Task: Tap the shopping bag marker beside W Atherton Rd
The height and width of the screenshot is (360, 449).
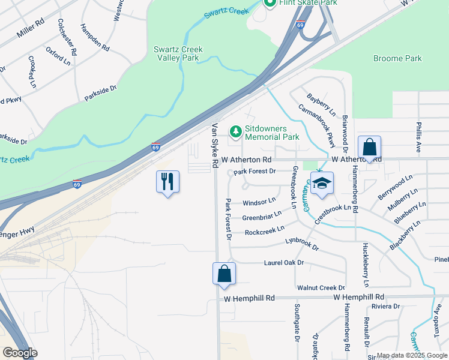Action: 370,147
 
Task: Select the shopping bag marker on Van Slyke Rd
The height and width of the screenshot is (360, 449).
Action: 224,273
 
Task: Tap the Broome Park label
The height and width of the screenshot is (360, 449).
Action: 397,59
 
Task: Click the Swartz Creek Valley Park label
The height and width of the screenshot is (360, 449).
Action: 178,53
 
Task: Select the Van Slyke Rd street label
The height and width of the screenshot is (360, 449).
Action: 214,146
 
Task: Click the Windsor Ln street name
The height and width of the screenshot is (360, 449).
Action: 259,200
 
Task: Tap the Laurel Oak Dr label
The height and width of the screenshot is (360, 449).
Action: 284,263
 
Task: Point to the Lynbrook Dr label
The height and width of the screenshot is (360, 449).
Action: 301,244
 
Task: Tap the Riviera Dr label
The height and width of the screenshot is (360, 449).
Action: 385,307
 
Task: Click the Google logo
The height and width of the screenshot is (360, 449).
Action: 20,353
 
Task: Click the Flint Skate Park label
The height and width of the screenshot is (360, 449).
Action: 307,3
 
